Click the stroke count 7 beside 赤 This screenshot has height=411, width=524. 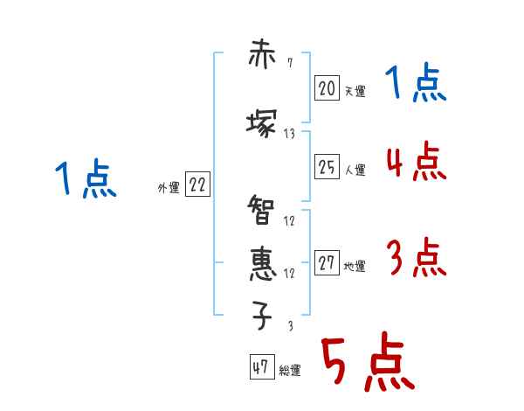tap(289, 63)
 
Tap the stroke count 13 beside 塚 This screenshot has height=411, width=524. tap(289, 134)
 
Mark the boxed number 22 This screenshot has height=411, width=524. tap(197, 185)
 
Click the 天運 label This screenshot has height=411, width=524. tap(355, 91)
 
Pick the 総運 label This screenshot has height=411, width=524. tap(290, 371)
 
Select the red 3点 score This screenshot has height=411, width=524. tap(416, 258)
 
